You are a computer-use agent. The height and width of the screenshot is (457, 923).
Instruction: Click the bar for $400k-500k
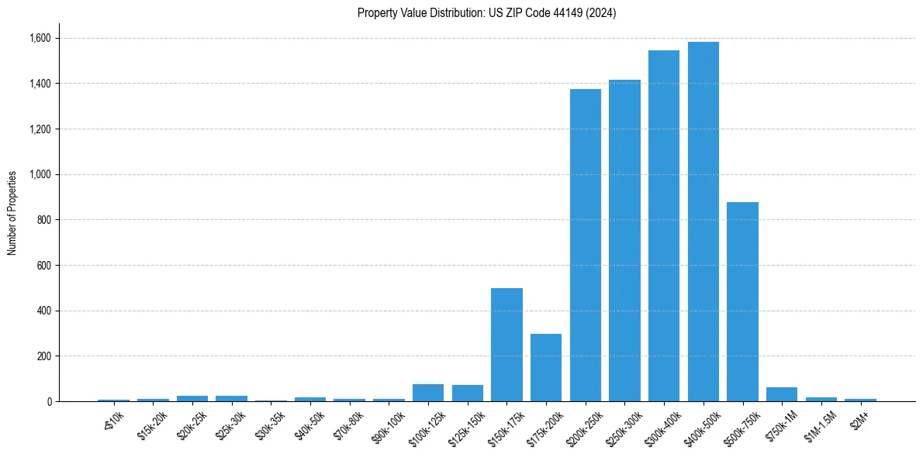tap(703, 222)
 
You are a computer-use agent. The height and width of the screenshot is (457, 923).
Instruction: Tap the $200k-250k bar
tap(585, 246)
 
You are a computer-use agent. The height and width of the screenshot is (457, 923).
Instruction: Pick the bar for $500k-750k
tap(742, 302)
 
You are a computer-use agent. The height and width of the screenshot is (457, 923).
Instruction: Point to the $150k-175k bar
tap(506, 345)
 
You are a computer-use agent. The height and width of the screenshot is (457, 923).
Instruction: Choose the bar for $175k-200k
tap(546, 368)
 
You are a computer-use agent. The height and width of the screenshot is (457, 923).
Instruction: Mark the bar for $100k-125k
tap(428, 393)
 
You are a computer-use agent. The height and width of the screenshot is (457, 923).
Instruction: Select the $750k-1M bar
tap(782, 394)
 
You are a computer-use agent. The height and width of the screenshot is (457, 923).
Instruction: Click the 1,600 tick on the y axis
tap(40, 38)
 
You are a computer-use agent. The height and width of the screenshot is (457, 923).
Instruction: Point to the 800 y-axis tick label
tap(44, 220)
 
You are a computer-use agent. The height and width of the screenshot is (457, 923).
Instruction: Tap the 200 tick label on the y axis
tap(44, 356)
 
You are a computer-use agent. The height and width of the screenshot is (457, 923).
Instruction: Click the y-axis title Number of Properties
tap(12, 213)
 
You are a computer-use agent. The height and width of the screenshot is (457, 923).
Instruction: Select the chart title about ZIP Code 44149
tap(486, 13)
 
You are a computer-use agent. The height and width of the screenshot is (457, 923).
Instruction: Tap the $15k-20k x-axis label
tap(151, 424)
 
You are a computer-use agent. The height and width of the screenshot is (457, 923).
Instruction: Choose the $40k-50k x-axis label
tap(309, 424)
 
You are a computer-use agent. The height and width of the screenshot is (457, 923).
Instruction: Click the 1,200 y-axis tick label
tap(40, 129)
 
